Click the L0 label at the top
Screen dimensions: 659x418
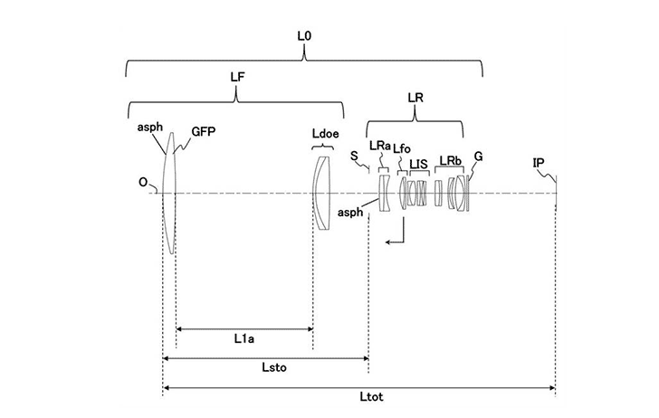tap(304, 36)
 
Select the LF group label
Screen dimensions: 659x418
tap(237, 77)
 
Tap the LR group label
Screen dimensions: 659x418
tap(415, 98)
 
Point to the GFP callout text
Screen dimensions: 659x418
tap(204, 131)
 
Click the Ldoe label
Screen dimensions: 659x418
tap(325, 134)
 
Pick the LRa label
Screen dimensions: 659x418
tap(380, 146)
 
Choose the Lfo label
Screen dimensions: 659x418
tap(402, 148)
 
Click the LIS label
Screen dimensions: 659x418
tap(418, 165)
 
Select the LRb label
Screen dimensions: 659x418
tap(451, 160)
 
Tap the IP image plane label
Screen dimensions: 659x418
tap(539, 163)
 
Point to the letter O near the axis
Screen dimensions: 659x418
tap(143, 183)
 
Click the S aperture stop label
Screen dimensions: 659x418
tap(354, 157)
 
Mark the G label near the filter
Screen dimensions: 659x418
tap(478, 157)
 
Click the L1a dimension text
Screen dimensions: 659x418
tap(244, 338)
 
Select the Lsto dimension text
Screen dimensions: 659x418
tap(274, 367)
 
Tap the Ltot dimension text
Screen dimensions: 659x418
tap(371, 396)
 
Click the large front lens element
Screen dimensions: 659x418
tap(169, 194)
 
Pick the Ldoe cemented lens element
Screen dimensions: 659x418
tap(322, 194)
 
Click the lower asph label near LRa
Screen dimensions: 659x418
tap(350, 213)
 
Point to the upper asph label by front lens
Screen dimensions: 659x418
tap(149, 128)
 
